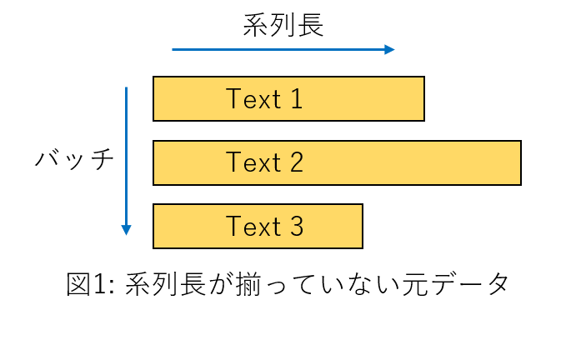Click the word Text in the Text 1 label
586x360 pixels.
pyautogui.click(x=253, y=99)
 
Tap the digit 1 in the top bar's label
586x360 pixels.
pyautogui.click(x=296, y=99)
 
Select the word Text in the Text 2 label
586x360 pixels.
pyautogui.click(x=253, y=162)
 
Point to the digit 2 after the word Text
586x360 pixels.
pyautogui.click(x=296, y=162)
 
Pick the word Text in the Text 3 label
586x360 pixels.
pyautogui.click(x=253, y=227)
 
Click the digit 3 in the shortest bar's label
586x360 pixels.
pyautogui.click(x=296, y=227)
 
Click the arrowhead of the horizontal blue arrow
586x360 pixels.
pyautogui.click(x=389, y=50)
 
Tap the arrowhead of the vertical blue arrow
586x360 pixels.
pyautogui.click(x=127, y=230)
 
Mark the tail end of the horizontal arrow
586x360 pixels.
pyautogui.click(x=173, y=50)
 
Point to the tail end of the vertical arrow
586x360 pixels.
pyautogui.click(x=127, y=88)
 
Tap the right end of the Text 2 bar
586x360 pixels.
pyautogui.click(x=517, y=162)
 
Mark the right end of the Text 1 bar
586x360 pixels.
pyautogui.click(x=420, y=99)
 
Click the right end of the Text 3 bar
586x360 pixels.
pyautogui.click(x=358, y=227)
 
